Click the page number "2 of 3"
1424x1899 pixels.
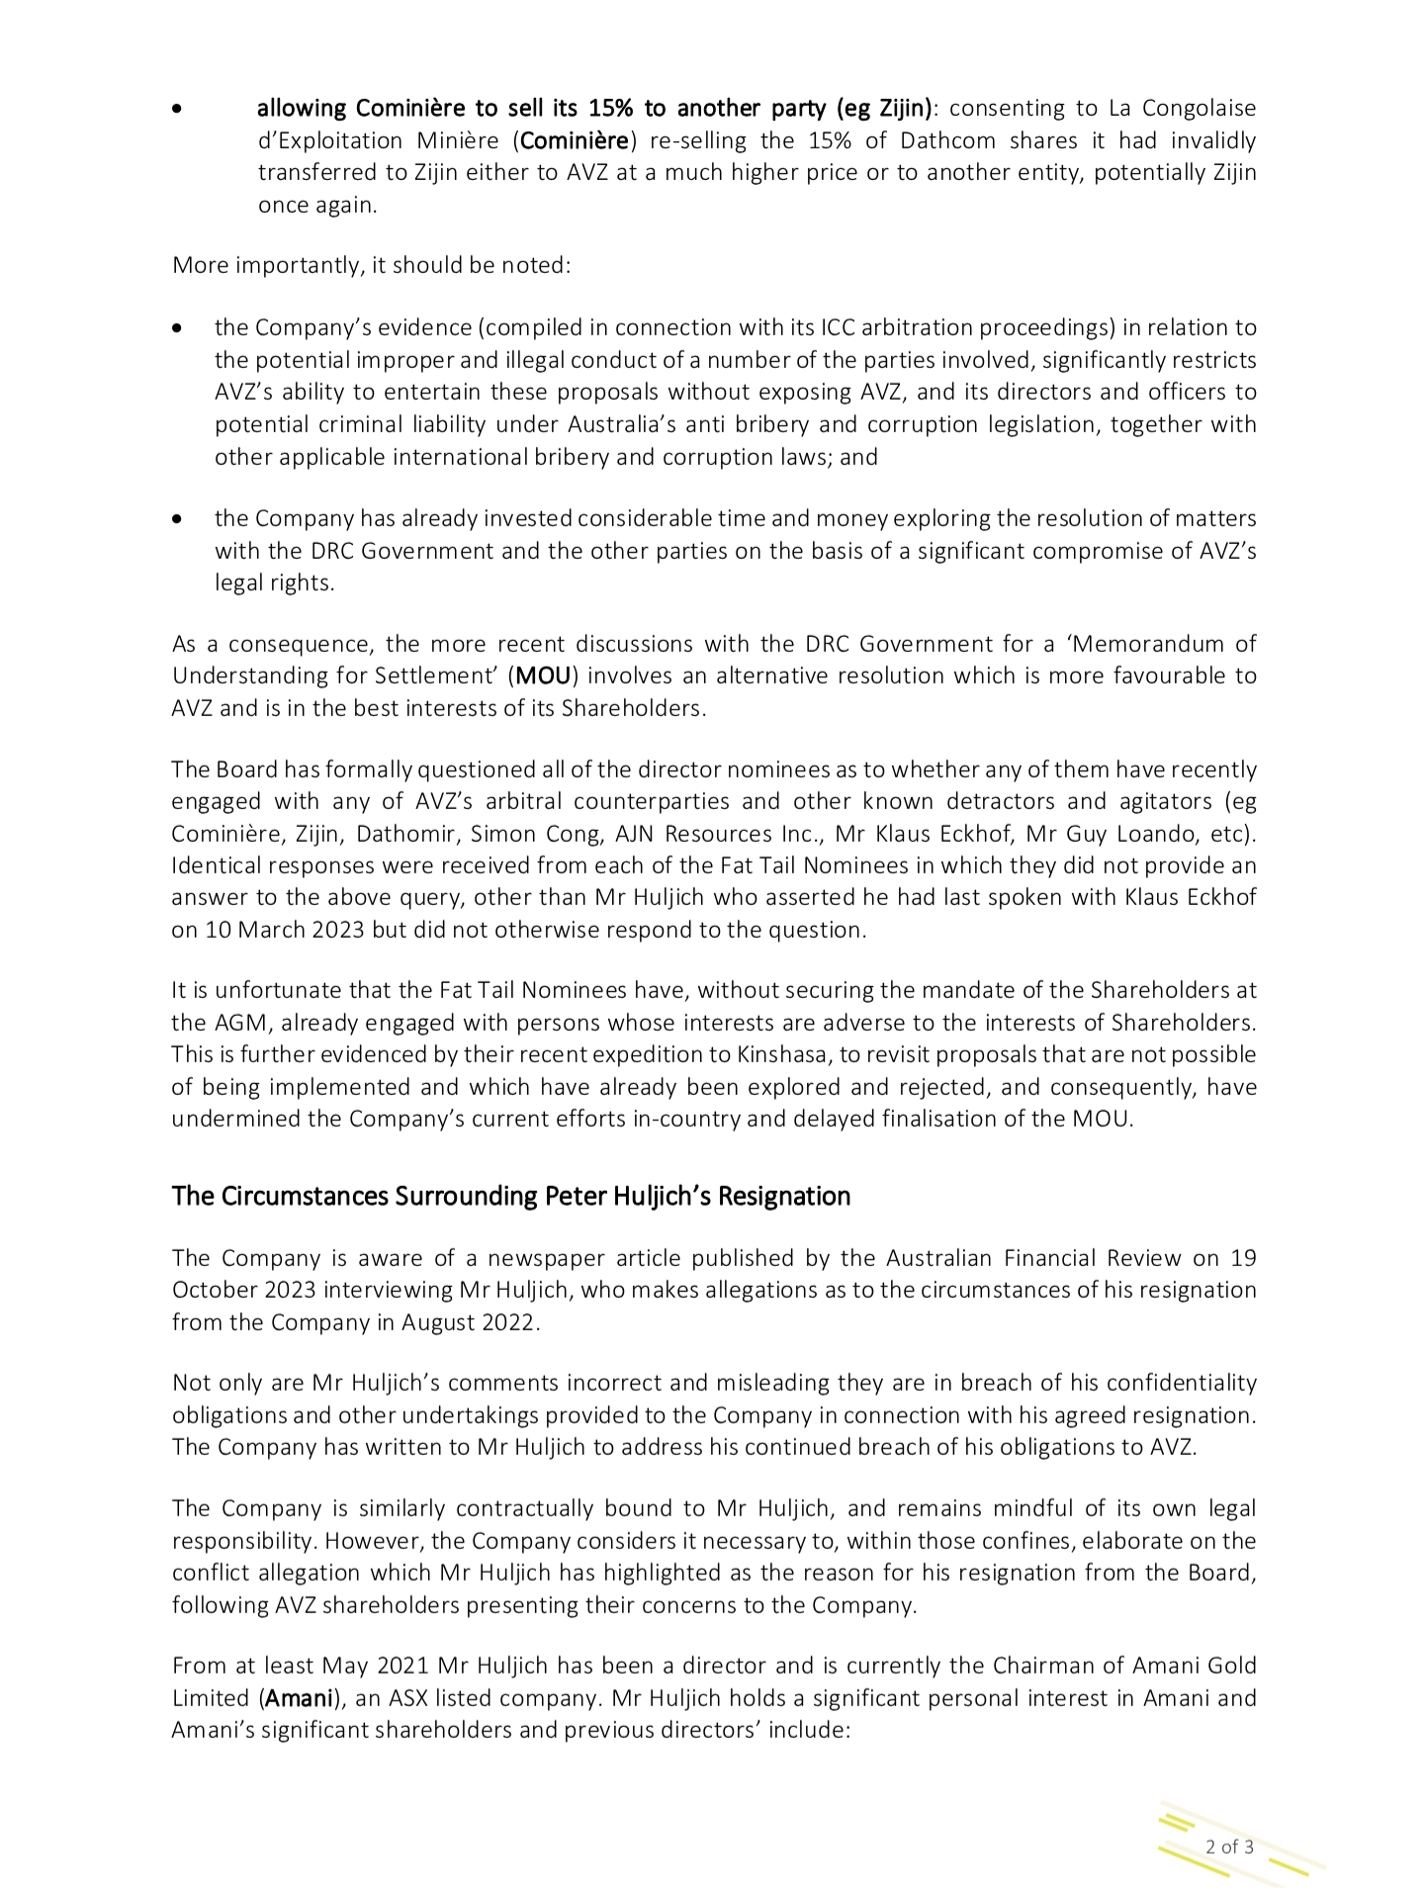(1229, 1846)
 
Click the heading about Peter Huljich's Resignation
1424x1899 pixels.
(510, 1196)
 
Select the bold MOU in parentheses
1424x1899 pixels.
(544, 677)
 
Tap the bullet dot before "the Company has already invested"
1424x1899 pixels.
(177, 518)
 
